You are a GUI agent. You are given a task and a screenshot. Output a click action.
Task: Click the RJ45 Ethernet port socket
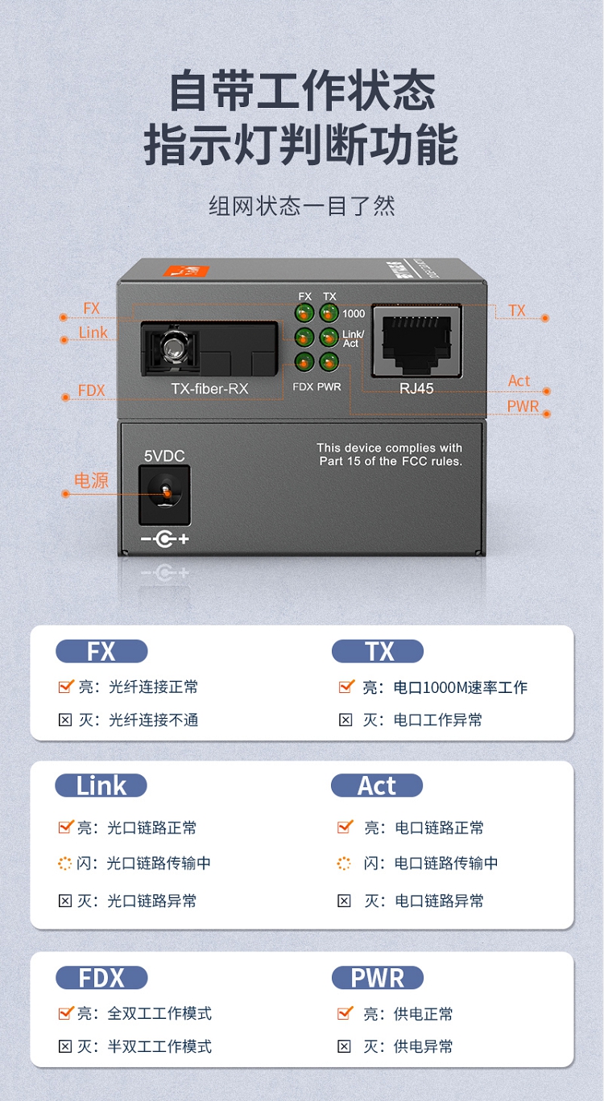(416, 341)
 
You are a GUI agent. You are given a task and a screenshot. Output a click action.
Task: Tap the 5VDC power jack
(165, 496)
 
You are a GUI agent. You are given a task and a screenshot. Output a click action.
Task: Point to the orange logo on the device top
(186, 270)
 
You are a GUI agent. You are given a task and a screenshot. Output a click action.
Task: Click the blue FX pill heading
(101, 651)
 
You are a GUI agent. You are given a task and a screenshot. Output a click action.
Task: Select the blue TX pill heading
(378, 651)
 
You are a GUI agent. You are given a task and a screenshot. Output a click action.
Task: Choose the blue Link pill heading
(101, 786)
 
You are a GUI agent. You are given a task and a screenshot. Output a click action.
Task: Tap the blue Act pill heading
(377, 786)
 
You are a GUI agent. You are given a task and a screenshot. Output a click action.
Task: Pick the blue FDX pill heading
(101, 978)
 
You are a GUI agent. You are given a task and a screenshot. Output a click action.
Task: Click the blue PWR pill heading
(378, 978)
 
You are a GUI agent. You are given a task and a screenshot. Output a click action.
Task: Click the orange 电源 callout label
(91, 480)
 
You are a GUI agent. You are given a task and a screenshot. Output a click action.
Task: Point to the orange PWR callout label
(523, 406)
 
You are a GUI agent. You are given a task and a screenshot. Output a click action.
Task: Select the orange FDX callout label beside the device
(92, 391)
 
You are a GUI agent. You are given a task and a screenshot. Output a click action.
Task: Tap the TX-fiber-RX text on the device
(209, 389)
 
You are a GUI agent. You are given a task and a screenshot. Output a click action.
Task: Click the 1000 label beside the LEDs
(354, 314)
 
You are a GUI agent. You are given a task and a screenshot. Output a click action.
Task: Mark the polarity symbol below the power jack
(165, 539)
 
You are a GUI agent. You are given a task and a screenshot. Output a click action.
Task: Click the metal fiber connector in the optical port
(172, 348)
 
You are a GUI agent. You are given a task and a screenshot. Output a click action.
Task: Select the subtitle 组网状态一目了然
(302, 205)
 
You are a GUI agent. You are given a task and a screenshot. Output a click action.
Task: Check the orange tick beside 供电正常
(345, 1012)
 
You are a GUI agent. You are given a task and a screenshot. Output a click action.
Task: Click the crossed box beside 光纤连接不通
(65, 720)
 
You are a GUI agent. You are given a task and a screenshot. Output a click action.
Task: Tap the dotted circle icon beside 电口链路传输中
(344, 863)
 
